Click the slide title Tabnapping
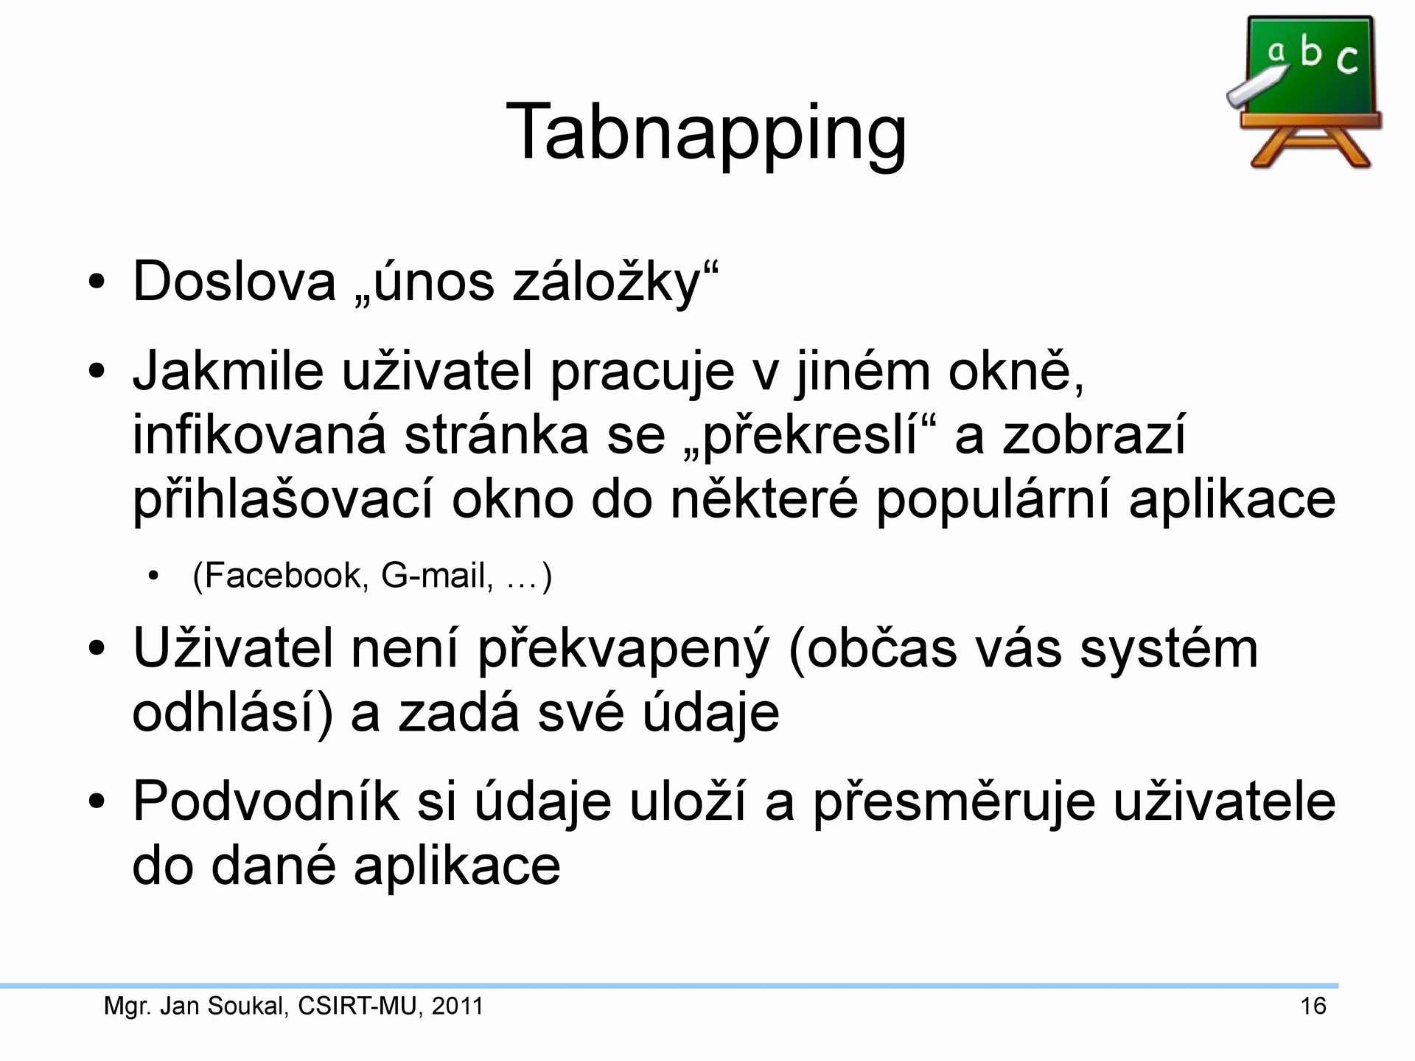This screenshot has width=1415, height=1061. (706, 134)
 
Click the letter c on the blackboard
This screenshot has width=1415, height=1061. (1347, 60)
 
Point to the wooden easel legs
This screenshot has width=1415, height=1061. (1310, 147)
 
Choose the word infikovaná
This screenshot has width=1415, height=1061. (259, 435)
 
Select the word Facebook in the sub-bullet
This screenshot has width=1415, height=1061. (284, 575)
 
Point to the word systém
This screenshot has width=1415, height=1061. (1169, 649)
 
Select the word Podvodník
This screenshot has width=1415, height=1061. (266, 801)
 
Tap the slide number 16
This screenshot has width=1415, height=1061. (1313, 1006)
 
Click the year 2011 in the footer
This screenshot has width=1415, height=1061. (458, 1006)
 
